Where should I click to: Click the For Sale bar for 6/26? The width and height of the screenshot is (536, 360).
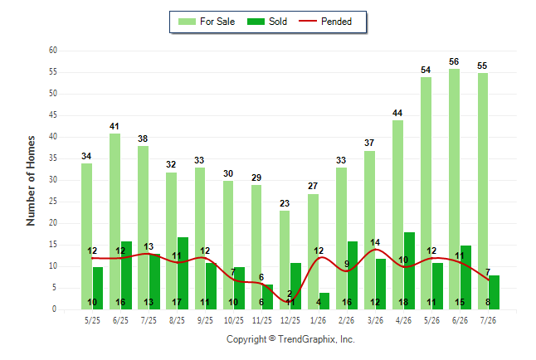point(455,189)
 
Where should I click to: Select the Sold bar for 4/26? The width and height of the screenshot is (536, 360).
point(410,270)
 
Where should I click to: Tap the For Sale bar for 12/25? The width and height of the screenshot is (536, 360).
point(285,260)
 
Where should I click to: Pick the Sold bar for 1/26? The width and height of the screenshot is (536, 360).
point(324,301)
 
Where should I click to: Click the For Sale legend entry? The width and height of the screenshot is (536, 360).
point(207,22)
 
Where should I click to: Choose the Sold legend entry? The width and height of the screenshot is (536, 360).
point(267,22)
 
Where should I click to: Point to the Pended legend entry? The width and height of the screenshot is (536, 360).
point(325,22)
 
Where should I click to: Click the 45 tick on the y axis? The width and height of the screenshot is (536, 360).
point(52,115)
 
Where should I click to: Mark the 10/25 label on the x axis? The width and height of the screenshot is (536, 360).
point(234,320)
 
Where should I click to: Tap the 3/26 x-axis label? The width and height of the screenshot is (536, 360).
point(375,320)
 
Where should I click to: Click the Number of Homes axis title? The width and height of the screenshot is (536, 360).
point(31,181)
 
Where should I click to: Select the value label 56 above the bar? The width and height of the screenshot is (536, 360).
point(454,61)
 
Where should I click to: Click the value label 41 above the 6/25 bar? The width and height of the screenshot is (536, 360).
point(115,126)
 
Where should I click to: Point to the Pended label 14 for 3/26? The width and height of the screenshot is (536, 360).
point(375,242)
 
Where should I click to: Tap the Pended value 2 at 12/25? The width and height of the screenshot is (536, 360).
point(290,294)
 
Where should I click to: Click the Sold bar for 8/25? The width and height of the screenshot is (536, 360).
point(183,273)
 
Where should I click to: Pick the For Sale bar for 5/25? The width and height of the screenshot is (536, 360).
point(86,236)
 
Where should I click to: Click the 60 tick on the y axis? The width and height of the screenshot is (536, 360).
point(52,51)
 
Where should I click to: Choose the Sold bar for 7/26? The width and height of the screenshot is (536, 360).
point(494,292)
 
